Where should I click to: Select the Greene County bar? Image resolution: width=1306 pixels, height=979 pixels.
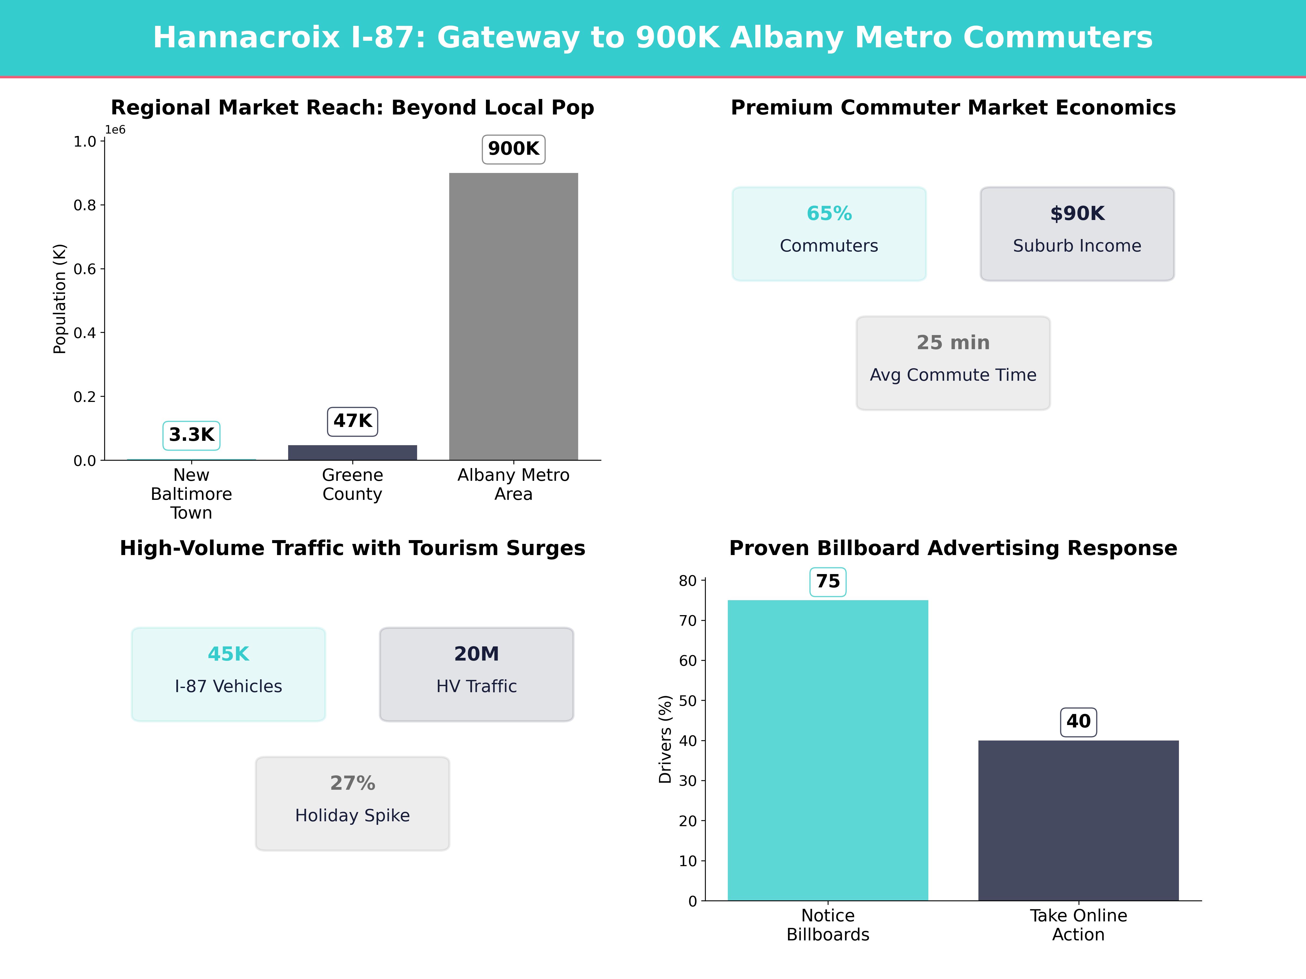pos(352,453)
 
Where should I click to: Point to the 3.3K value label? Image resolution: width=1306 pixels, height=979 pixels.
pos(191,435)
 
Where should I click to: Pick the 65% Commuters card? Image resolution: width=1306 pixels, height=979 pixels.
pos(829,234)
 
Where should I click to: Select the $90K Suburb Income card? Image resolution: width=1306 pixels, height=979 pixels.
pos(1077,234)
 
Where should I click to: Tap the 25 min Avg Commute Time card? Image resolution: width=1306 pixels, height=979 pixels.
pos(953,363)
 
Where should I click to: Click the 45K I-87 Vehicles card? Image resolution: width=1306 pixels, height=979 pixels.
pos(229,674)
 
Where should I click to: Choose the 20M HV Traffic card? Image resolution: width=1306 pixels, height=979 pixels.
pos(476,674)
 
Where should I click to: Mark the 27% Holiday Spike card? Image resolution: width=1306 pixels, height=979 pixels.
pos(352,803)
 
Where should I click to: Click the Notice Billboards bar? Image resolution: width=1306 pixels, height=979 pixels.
pos(828,750)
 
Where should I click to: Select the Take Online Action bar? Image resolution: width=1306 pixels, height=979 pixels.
pos(1078,820)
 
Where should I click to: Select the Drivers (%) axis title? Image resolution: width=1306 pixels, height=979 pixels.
pos(666,739)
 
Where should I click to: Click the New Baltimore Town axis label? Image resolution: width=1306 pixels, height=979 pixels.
pos(191,494)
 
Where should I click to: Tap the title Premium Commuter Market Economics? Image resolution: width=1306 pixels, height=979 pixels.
pos(953,108)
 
